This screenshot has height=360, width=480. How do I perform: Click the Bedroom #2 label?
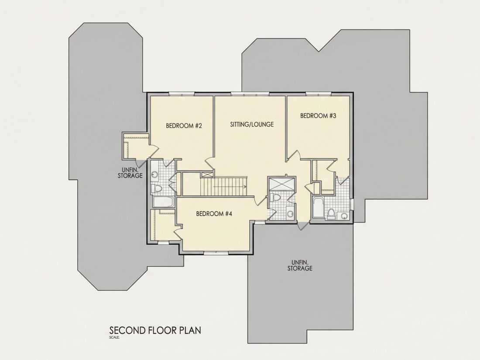coord(184,126)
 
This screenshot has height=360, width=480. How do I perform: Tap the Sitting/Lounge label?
coord(252,124)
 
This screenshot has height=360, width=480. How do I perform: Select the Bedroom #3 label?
coord(318,116)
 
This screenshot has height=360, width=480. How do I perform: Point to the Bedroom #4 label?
coord(214,214)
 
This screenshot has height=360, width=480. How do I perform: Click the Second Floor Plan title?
coord(155,331)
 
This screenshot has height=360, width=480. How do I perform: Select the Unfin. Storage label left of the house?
coord(130,173)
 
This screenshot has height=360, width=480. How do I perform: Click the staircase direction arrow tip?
coord(246,186)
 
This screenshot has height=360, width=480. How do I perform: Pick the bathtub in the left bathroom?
coord(163,202)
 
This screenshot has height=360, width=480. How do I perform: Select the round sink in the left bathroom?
coord(155,175)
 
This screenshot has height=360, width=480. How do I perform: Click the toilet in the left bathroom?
coord(157,188)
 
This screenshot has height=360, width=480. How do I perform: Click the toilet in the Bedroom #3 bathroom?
coord(331,213)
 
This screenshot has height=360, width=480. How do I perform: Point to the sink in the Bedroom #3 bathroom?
coord(344,216)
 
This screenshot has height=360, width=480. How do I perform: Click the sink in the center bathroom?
coord(290,213)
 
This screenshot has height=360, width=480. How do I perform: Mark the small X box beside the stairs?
coord(207,175)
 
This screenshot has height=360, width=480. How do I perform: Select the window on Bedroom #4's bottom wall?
coord(216,253)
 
